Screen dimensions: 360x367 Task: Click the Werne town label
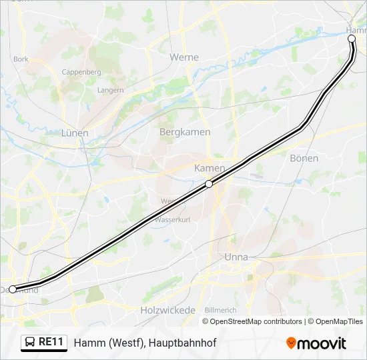pyautogui.click(x=184, y=57)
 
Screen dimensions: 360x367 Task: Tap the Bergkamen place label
pyautogui.click(x=185, y=132)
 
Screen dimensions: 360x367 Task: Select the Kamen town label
pyautogui.click(x=210, y=168)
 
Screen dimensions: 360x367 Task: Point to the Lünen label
pyautogui.click(x=75, y=133)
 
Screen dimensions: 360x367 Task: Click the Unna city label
pyautogui.click(x=236, y=257)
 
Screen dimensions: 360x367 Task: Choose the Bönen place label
pyautogui.click(x=304, y=158)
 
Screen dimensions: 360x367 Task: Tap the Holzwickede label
pyautogui.click(x=167, y=310)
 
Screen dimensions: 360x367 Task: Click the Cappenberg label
pyautogui.click(x=81, y=72)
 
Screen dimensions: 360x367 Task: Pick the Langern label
pyautogui.click(x=110, y=90)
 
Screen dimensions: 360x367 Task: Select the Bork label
pyautogui.click(x=21, y=59)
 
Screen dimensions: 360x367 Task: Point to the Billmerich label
pyautogui.click(x=221, y=311)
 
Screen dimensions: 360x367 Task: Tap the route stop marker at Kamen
pyautogui.click(x=209, y=184)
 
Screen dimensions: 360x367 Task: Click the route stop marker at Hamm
pyautogui.click(x=352, y=39)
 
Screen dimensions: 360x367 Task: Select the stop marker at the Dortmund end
pyautogui.click(x=13, y=289)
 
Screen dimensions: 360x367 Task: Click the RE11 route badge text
pyautogui.click(x=51, y=342)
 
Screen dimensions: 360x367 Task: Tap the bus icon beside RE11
pyautogui.click(x=30, y=343)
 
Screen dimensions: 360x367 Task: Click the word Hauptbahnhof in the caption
pyautogui.click(x=183, y=343)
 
